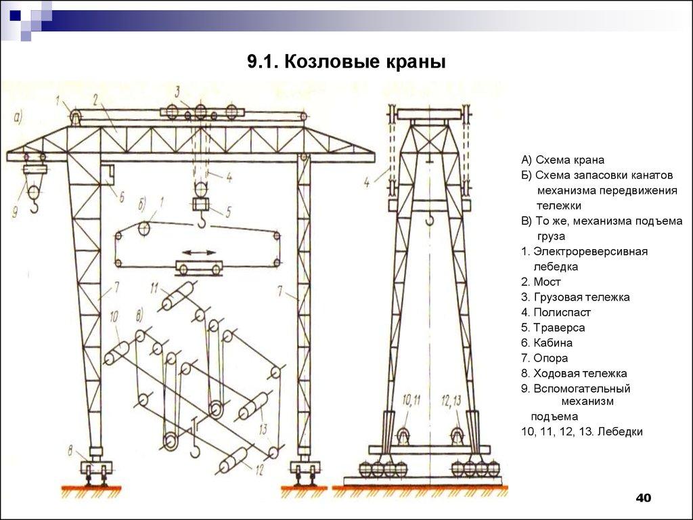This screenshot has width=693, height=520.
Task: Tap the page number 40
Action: [643, 498]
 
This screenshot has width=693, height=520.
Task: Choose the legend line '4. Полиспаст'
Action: [556, 312]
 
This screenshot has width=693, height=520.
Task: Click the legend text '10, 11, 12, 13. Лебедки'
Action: [581, 431]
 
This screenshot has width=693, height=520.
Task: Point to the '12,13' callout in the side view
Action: [451, 400]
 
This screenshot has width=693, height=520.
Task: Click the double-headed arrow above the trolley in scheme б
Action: [198, 253]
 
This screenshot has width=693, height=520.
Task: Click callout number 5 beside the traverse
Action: [228, 211]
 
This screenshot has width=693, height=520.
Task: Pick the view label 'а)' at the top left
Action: [18, 118]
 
